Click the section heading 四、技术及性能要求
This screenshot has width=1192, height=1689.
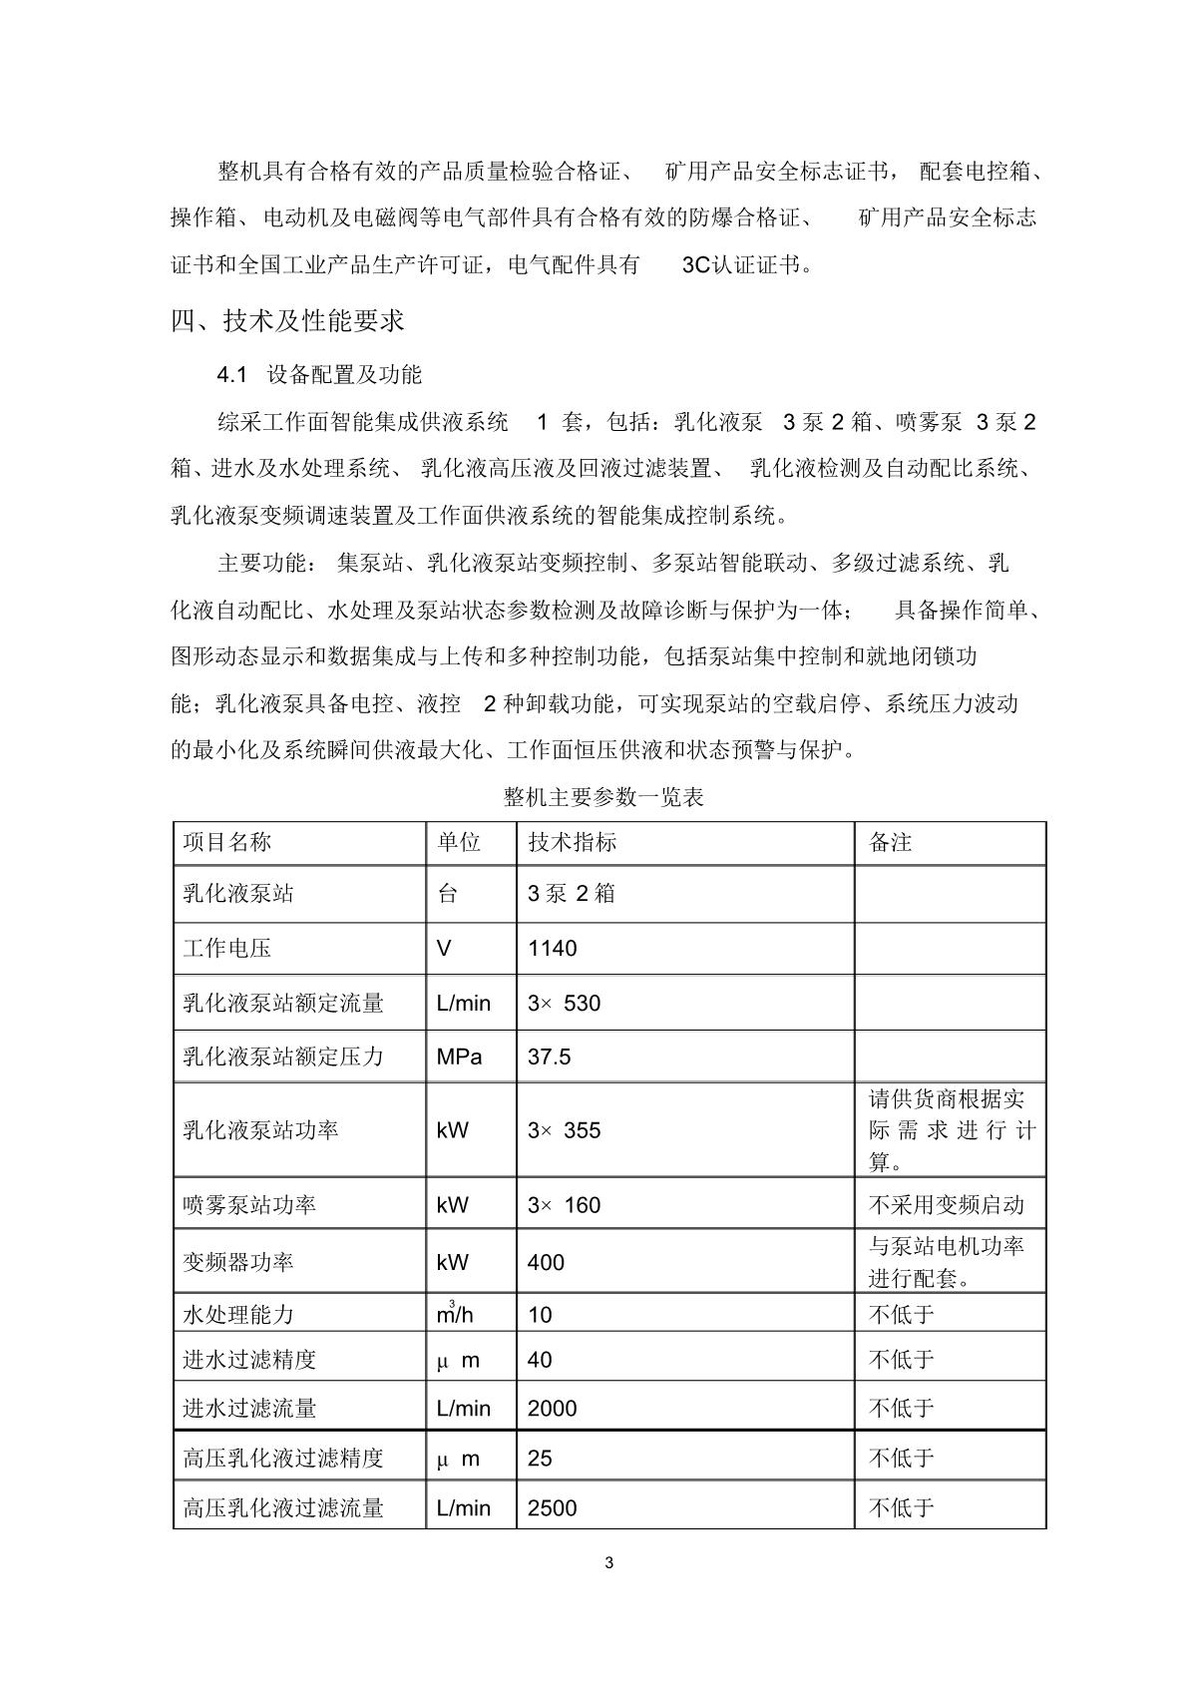287,321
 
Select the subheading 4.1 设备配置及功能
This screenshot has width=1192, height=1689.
319,375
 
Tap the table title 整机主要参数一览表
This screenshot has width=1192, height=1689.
603,797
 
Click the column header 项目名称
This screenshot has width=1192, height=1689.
227,843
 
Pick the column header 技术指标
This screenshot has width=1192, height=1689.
573,843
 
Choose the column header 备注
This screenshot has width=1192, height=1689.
891,843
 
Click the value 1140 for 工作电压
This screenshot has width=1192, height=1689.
553,948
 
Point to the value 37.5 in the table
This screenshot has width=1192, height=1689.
550,1056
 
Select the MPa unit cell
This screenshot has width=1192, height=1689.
459,1056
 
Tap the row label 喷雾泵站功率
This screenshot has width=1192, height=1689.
249,1205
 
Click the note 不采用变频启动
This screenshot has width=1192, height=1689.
947,1205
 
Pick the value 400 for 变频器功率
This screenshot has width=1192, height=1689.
547,1263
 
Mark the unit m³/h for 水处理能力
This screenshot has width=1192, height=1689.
455,1314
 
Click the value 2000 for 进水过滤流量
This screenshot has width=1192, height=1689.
553,1409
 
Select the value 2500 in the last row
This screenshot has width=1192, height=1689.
553,1507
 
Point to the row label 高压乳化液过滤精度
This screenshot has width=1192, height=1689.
283,1459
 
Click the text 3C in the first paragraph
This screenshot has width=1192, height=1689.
696,265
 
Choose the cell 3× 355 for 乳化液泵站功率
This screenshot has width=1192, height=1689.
565,1130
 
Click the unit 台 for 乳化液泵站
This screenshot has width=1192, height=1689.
448,894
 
